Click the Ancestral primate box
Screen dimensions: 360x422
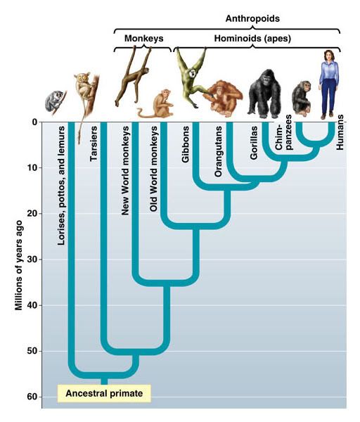tap(104, 393)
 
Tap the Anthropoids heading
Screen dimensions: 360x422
tap(252, 18)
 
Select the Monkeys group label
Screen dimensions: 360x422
tap(143, 38)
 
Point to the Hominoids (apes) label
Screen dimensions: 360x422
tap(252, 39)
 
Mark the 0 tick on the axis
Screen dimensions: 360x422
tap(35, 122)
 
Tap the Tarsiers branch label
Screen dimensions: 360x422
tap(94, 143)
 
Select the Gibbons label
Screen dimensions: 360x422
tap(186, 144)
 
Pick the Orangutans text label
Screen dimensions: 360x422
tap(218, 151)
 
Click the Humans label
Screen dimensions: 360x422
tap(340, 132)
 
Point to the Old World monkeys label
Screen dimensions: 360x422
tap(153, 169)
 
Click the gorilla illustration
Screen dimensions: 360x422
tap(264, 94)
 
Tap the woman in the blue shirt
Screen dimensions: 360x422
tap(328, 84)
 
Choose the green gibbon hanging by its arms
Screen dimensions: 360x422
tap(191, 77)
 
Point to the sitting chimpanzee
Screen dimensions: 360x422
tap(302, 98)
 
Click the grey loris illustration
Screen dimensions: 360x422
tap(55, 101)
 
